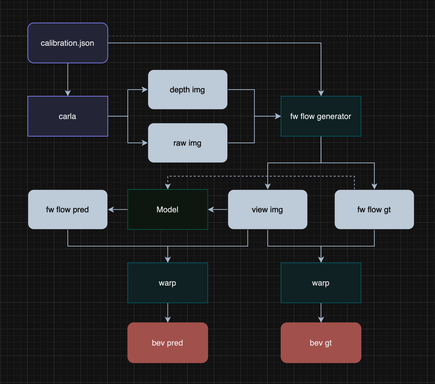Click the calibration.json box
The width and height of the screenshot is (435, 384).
68,43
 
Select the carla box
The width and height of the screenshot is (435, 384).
68,116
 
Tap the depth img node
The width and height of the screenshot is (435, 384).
188,90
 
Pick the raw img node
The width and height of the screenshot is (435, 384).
188,143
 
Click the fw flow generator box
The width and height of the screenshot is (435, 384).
321,116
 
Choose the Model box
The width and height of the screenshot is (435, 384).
168,210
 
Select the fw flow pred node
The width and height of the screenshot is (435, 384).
68,210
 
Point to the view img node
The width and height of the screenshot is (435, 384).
267,210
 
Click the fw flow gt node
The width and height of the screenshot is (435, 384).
374,210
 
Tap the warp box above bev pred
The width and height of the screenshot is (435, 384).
168,283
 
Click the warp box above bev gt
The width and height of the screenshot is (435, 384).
321,283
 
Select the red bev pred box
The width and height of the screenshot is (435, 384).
168,343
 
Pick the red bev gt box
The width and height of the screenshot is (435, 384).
321,343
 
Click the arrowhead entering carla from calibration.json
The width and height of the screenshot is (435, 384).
68,93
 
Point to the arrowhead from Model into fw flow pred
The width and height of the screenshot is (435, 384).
111,210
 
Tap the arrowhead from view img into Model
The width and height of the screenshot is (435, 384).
211,210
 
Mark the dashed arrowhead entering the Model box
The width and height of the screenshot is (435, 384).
168,187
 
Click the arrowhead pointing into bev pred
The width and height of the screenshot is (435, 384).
168,319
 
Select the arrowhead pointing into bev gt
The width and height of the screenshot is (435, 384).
321,319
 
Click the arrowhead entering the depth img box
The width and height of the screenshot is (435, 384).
144,90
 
